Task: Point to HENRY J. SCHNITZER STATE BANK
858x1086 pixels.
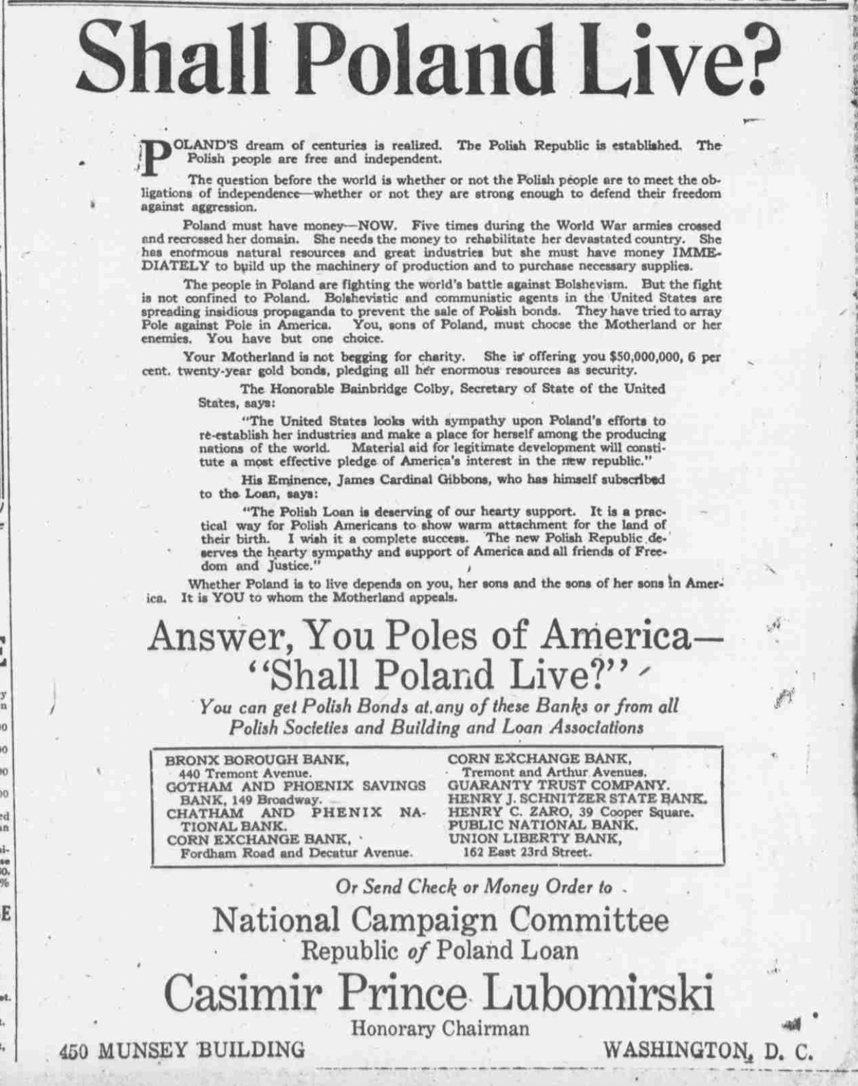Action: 577,798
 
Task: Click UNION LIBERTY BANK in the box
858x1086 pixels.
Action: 534,839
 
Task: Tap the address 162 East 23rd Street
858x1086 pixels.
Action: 527,852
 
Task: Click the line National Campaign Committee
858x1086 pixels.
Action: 440,920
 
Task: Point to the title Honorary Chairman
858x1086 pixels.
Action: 440,1029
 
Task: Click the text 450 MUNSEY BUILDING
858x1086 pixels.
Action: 182,1050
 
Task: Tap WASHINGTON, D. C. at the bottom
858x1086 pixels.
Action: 708,1050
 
